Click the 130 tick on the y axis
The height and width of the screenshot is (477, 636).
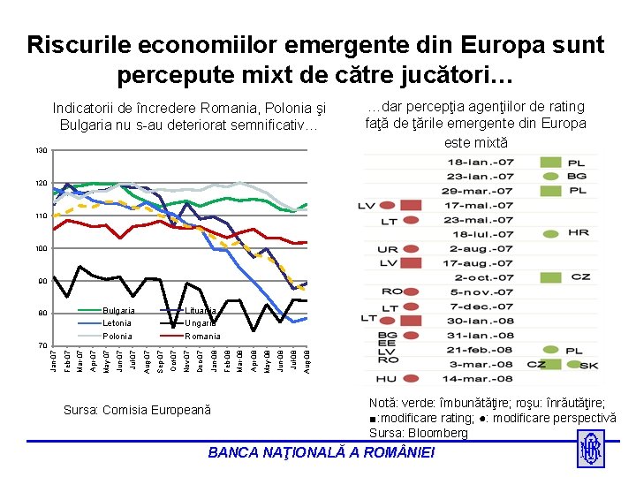(x=42, y=151)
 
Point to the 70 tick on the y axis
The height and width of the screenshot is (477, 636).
(x=42, y=345)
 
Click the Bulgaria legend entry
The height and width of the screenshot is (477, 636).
(x=118, y=311)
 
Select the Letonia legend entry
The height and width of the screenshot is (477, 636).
(x=117, y=323)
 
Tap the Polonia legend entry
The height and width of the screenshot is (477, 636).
(x=117, y=337)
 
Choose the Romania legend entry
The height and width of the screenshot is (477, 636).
(x=202, y=337)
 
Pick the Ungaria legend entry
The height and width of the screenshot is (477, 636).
(x=201, y=323)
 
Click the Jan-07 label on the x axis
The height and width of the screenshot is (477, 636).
(x=54, y=361)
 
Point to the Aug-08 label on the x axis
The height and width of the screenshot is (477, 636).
(x=307, y=361)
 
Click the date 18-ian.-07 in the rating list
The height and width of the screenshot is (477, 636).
(x=480, y=163)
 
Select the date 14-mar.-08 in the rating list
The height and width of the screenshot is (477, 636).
(x=480, y=378)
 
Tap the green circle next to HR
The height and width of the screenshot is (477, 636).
(x=550, y=234)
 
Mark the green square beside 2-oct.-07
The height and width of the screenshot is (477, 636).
(x=550, y=277)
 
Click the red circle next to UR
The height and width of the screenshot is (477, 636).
(x=410, y=249)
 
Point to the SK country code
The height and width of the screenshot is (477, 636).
(x=587, y=364)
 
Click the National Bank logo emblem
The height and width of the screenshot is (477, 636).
(x=590, y=450)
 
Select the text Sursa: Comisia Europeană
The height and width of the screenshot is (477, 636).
(x=137, y=410)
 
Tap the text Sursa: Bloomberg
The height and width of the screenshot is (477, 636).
(x=418, y=433)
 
